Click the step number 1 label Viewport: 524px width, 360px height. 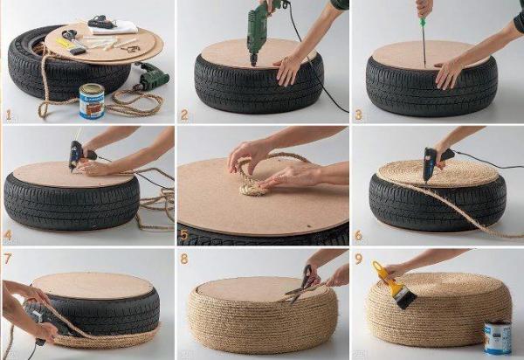tap(9, 114)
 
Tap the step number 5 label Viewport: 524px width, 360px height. tap(184, 235)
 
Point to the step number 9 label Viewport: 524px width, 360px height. tap(358, 259)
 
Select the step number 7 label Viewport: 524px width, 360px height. tap(7, 258)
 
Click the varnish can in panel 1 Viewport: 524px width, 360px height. tap(92, 101)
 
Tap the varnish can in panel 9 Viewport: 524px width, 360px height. tap(498, 337)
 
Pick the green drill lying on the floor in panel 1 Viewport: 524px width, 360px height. tap(152, 77)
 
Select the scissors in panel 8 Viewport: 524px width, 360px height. tap(302, 284)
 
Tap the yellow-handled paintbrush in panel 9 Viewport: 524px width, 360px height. tap(395, 285)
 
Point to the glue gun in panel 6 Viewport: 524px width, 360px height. tap(434, 163)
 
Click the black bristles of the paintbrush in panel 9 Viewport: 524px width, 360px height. tap(407, 299)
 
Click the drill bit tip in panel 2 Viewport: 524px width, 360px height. tap(253, 64)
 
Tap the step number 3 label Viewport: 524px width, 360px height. tap(358, 114)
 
